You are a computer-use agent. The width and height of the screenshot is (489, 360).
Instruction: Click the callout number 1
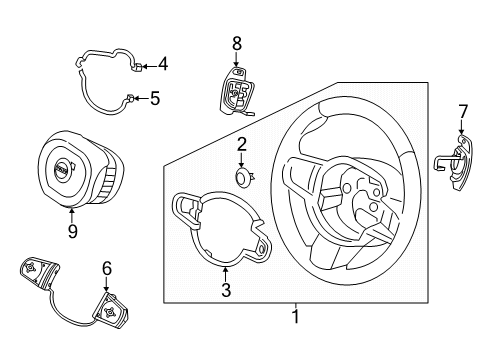(x=294, y=318)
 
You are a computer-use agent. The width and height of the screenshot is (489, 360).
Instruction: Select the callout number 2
(x=242, y=146)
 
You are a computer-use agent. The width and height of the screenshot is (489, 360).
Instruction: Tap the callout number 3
(x=225, y=291)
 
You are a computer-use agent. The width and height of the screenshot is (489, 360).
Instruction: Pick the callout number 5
(x=155, y=98)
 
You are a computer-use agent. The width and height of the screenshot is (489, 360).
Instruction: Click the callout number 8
(x=236, y=43)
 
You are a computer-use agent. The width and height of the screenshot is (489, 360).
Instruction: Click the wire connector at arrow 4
(x=137, y=67)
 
